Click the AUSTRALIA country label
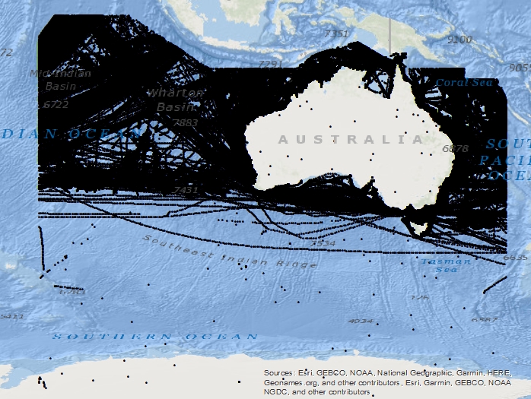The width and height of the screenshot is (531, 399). click(x=351, y=139)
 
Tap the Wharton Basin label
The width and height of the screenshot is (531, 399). click(x=176, y=100)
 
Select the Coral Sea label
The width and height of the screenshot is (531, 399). click(x=464, y=82)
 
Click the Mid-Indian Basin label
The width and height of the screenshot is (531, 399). click(x=61, y=80)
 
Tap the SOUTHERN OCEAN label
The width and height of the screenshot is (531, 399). click(x=155, y=336)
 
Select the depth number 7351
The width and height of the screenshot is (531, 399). click(x=335, y=33)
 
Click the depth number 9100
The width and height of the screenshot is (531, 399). click(x=460, y=39)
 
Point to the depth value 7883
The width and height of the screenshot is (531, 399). click(x=185, y=122)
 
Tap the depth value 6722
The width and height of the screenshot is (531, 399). click(x=56, y=104)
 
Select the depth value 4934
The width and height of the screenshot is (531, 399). click(x=360, y=321)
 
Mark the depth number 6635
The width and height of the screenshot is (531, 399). click(x=515, y=258)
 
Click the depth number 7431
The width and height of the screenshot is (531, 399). click(x=185, y=189)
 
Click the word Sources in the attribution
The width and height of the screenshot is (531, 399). click(x=278, y=373)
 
